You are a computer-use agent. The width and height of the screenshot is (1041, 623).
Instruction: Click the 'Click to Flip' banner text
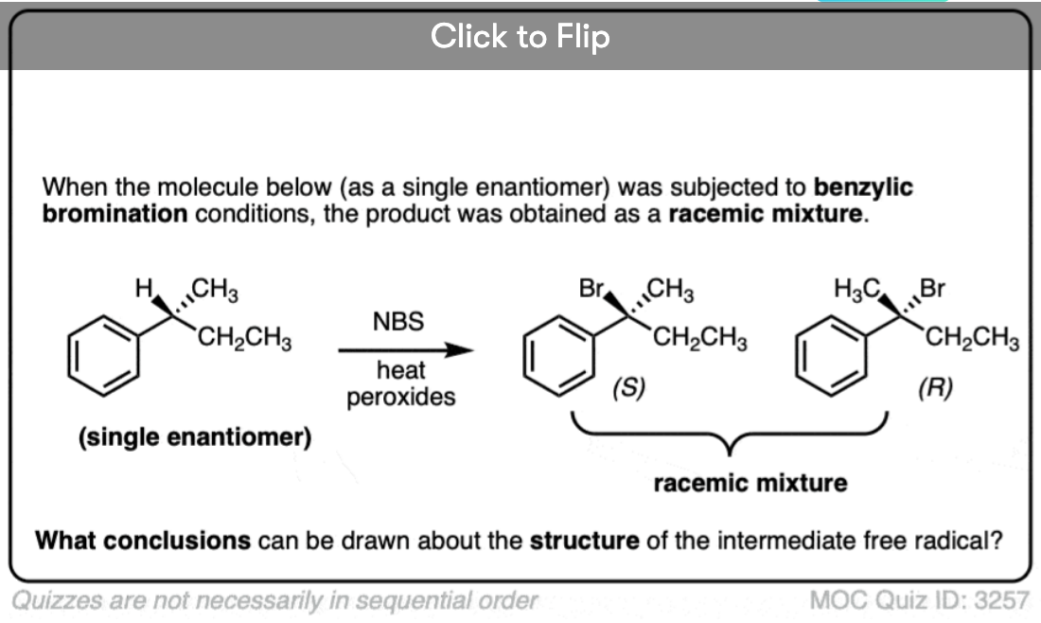(x=520, y=37)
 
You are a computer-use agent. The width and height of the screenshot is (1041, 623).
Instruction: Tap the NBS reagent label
(x=398, y=322)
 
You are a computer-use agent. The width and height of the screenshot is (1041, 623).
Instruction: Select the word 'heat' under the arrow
(x=400, y=370)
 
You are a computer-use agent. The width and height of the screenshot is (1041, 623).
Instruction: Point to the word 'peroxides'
(x=400, y=396)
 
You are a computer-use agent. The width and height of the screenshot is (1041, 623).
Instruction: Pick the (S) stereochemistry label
(x=629, y=387)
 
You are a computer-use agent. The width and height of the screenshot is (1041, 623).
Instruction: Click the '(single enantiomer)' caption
(x=196, y=437)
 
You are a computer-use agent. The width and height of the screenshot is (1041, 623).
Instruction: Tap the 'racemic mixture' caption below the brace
(x=750, y=483)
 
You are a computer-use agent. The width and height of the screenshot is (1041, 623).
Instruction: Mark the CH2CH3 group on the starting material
(x=243, y=336)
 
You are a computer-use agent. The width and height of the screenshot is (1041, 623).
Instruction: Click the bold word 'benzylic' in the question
(x=863, y=187)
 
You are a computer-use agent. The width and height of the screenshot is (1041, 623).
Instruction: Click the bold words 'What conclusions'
(x=143, y=541)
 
